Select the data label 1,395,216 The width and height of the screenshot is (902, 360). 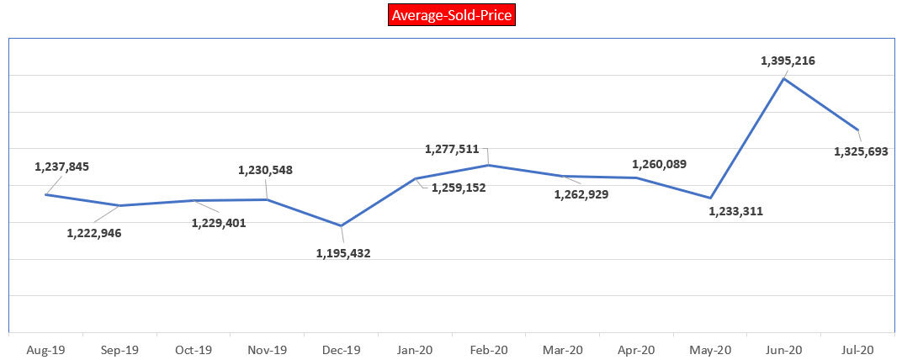788,61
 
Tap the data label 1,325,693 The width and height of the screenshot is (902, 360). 861,151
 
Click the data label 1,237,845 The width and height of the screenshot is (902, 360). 61,167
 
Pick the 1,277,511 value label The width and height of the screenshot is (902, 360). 452,150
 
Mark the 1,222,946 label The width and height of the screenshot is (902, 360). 94,232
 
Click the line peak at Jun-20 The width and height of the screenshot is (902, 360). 784,78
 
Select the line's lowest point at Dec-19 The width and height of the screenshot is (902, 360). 341,225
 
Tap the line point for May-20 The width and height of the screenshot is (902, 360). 711,198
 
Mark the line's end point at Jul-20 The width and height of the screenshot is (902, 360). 858,130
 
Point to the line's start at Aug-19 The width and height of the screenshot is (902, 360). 45,194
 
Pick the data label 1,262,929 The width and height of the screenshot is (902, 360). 581,194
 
